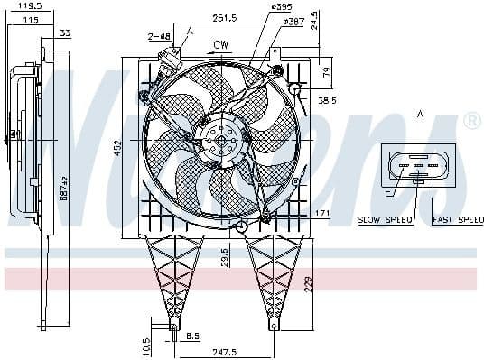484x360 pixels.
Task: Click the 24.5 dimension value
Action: [x=314, y=19]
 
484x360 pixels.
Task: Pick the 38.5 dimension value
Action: [x=327, y=101]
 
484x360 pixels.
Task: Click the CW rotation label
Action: [x=220, y=44]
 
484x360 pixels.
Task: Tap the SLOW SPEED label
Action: [x=386, y=219]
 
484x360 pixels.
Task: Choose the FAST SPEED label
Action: [x=459, y=219]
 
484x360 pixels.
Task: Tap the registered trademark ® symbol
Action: [x=471, y=121]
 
